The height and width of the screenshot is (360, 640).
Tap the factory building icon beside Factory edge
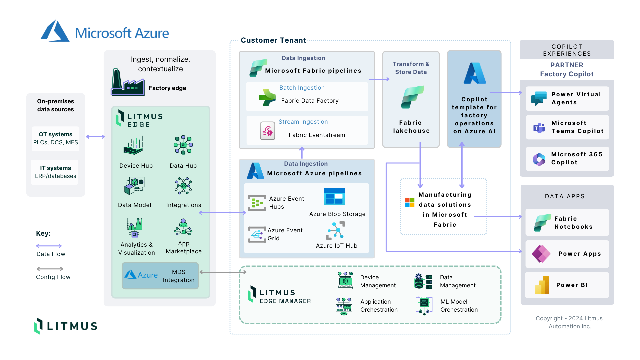pos(127,83)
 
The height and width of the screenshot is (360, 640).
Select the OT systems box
pos(56,138)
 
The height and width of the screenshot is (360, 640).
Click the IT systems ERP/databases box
pos(55,172)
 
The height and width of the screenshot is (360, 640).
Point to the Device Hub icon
pos(134,146)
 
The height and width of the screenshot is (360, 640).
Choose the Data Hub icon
pos(183,145)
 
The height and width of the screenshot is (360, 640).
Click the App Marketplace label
pos(184,247)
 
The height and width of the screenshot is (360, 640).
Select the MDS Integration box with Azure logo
pos(160,276)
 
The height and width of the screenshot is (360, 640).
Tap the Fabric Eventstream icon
pos(268,131)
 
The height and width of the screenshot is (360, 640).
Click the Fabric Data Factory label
pos(310,101)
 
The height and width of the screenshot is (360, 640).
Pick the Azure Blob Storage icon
pos(334,197)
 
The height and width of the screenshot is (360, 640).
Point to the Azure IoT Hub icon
pos(335,231)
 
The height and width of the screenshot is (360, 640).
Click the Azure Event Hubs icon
pos(257,203)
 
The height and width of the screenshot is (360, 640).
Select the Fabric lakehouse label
pos(411,127)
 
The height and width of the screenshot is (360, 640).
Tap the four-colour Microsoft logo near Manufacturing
pos(410,202)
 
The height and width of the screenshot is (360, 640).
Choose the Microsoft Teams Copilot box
pos(567,127)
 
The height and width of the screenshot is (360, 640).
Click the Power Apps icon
pos(541,254)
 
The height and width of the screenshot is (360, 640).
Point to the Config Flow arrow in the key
pos(50,269)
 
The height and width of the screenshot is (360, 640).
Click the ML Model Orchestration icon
pos(424,305)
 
